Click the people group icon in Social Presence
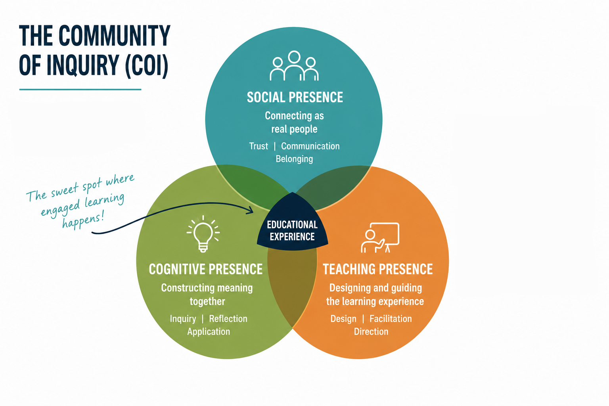pos(294,66)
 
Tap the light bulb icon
pos(203,234)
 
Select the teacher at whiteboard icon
pos(380,237)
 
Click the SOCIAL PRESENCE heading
pos(295,98)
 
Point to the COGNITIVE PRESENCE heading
pos(205,269)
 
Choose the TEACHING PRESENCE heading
pos(377,269)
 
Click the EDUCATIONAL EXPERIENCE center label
pos(292,231)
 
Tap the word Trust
pos(259,146)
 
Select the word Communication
pos(310,146)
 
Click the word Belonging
pos(294,159)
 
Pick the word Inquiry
pos(183,319)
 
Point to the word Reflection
pos(228,319)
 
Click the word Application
pos(209,332)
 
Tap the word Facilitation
pos(391,319)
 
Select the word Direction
pos(371,331)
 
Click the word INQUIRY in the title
pos(82,65)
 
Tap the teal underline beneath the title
pos(80,89)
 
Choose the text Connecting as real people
pos(295,123)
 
